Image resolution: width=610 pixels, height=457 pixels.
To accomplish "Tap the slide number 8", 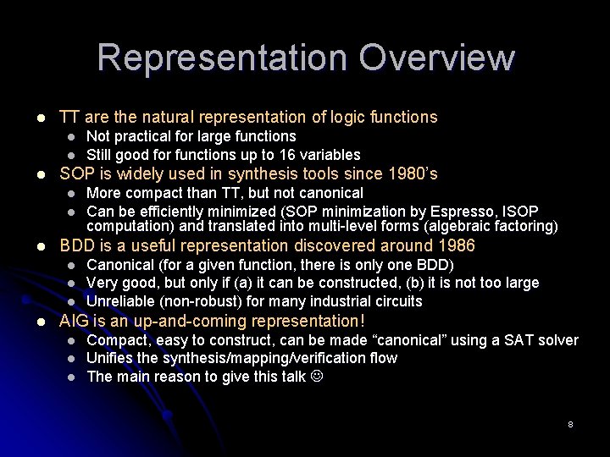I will coord(570,423).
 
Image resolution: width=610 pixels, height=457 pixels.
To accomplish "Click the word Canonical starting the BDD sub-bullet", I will coord(119,266).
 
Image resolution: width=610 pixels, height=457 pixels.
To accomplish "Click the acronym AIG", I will coord(73,321).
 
